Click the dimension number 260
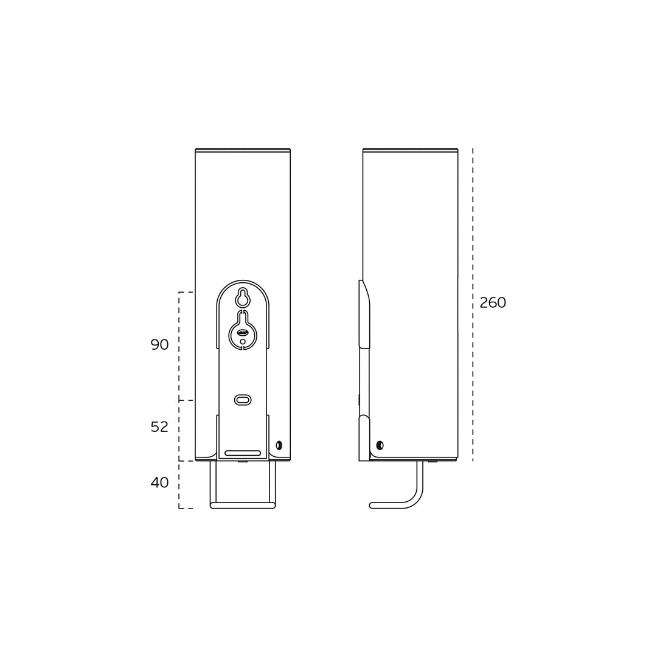click(x=492, y=303)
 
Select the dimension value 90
click(x=159, y=345)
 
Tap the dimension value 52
click(x=159, y=427)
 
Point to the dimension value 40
click(x=159, y=483)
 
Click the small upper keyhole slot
click(x=243, y=297)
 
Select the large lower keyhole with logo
click(x=243, y=332)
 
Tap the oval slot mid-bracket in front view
click(x=243, y=400)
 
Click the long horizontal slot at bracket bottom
click(x=243, y=453)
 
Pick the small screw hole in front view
click(x=279, y=445)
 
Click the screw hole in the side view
click(x=380, y=445)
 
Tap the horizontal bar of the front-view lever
click(x=243, y=505)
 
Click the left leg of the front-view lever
click(x=213, y=481)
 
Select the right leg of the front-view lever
click(x=273, y=481)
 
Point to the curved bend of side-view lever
click(x=415, y=498)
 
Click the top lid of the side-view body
click(x=410, y=150)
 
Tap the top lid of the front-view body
click(x=243, y=150)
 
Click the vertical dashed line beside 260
click(x=473, y=243)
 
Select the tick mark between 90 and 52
click(x=186, y=400)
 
